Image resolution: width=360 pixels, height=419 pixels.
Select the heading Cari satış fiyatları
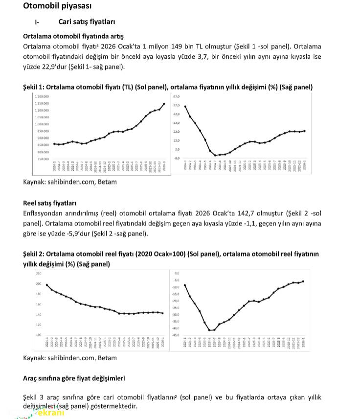tap(87, 22)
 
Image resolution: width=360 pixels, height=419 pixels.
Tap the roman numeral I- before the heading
tap(37, 23)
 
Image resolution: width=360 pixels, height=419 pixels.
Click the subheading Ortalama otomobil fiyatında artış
tap(73, 36)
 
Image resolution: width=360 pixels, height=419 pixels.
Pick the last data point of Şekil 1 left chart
tap(163, 104)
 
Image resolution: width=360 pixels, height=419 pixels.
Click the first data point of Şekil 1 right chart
tap(185, 107)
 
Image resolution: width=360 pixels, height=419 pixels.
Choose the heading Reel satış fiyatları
tap(50, 203)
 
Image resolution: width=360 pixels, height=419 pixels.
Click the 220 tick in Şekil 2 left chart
tap(38, 273)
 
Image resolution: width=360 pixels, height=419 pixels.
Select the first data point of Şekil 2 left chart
tap(46, 285)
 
